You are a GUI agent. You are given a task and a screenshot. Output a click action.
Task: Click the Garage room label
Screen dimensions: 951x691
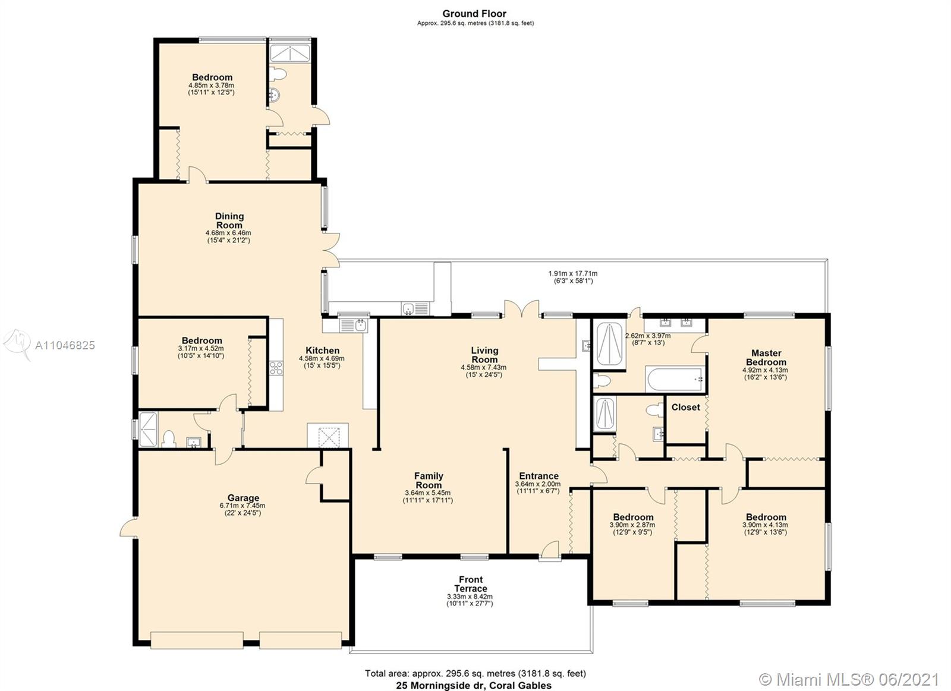(x=243, y=497)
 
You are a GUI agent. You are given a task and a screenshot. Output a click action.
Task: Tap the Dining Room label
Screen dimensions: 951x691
(x=229, y=220)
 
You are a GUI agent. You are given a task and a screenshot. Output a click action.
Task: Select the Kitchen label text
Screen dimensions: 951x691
(x=323, y=350)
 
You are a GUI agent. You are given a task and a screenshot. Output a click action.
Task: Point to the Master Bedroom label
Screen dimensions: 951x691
(x=766, y=358)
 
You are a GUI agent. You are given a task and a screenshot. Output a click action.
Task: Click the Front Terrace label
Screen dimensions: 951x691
(x=470, y=584)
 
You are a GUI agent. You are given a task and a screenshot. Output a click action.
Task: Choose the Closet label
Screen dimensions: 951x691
(x=686, y=407)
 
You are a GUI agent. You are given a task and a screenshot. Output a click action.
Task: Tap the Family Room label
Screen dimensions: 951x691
(x=429, y=481)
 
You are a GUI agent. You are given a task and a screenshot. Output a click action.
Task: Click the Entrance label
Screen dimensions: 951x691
(x=539, y=476)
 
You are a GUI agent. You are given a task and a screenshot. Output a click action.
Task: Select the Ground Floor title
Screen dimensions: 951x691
(x=474, y=14)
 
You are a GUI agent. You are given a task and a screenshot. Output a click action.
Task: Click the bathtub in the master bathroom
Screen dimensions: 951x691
(x=675, y=379)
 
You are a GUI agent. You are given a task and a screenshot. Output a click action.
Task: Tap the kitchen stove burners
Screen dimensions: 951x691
(x=276, y=368)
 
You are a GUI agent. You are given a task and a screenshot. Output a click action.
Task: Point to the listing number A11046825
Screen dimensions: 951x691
(x=65, y=346)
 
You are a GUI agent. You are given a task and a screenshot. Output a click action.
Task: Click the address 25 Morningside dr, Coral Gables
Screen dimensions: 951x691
(x=474, y=686)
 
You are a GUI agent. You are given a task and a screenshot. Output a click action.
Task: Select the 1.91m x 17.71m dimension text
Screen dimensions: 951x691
(x=573, y=274)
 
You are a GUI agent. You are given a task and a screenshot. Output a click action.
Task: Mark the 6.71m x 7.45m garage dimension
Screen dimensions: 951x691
(x=243, y=506)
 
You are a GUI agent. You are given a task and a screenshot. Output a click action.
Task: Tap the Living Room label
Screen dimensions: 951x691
(x=484, y=355)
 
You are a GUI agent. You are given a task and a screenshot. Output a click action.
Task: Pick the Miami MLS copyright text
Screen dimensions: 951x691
(x=849, y=680)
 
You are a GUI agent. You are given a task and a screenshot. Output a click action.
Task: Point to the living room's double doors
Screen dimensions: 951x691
(x=522, y=308)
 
